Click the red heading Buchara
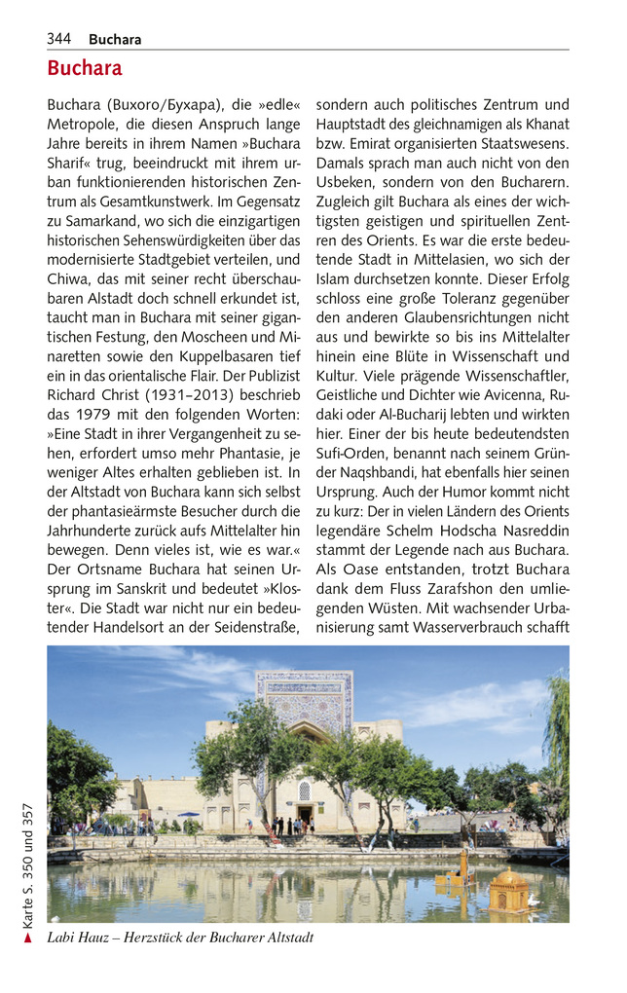pyautogui.click(x=85, y=68)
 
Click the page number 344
pyautogui.click(x=58, y=39)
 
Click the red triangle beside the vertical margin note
pyautogui.click(x=29, y=938)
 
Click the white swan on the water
pyautogui.click(x=535, y=901)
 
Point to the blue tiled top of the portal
pyautogui.click(x=304, y=696)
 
